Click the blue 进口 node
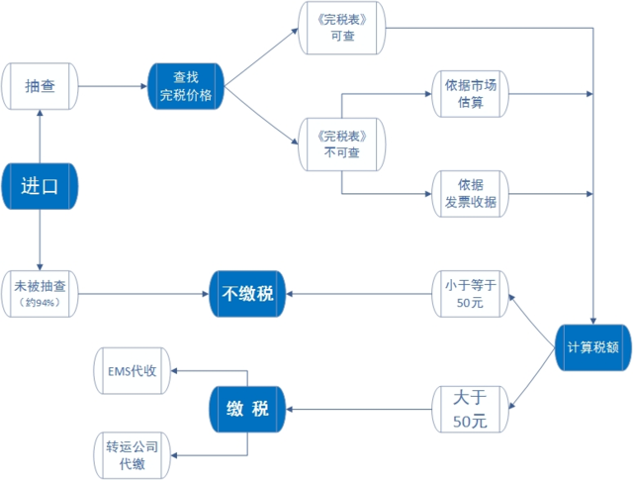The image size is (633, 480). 40,185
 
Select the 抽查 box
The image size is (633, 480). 40,86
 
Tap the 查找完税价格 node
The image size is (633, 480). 186,86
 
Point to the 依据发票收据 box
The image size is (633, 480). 470,193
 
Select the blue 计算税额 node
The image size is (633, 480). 592,347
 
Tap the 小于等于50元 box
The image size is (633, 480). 470,293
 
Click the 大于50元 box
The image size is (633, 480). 470,409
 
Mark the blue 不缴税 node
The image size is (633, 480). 247,293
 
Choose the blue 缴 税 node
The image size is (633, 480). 247,409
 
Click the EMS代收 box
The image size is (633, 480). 133,372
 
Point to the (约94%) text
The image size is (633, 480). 40,303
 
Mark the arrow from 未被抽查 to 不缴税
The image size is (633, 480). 143,293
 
